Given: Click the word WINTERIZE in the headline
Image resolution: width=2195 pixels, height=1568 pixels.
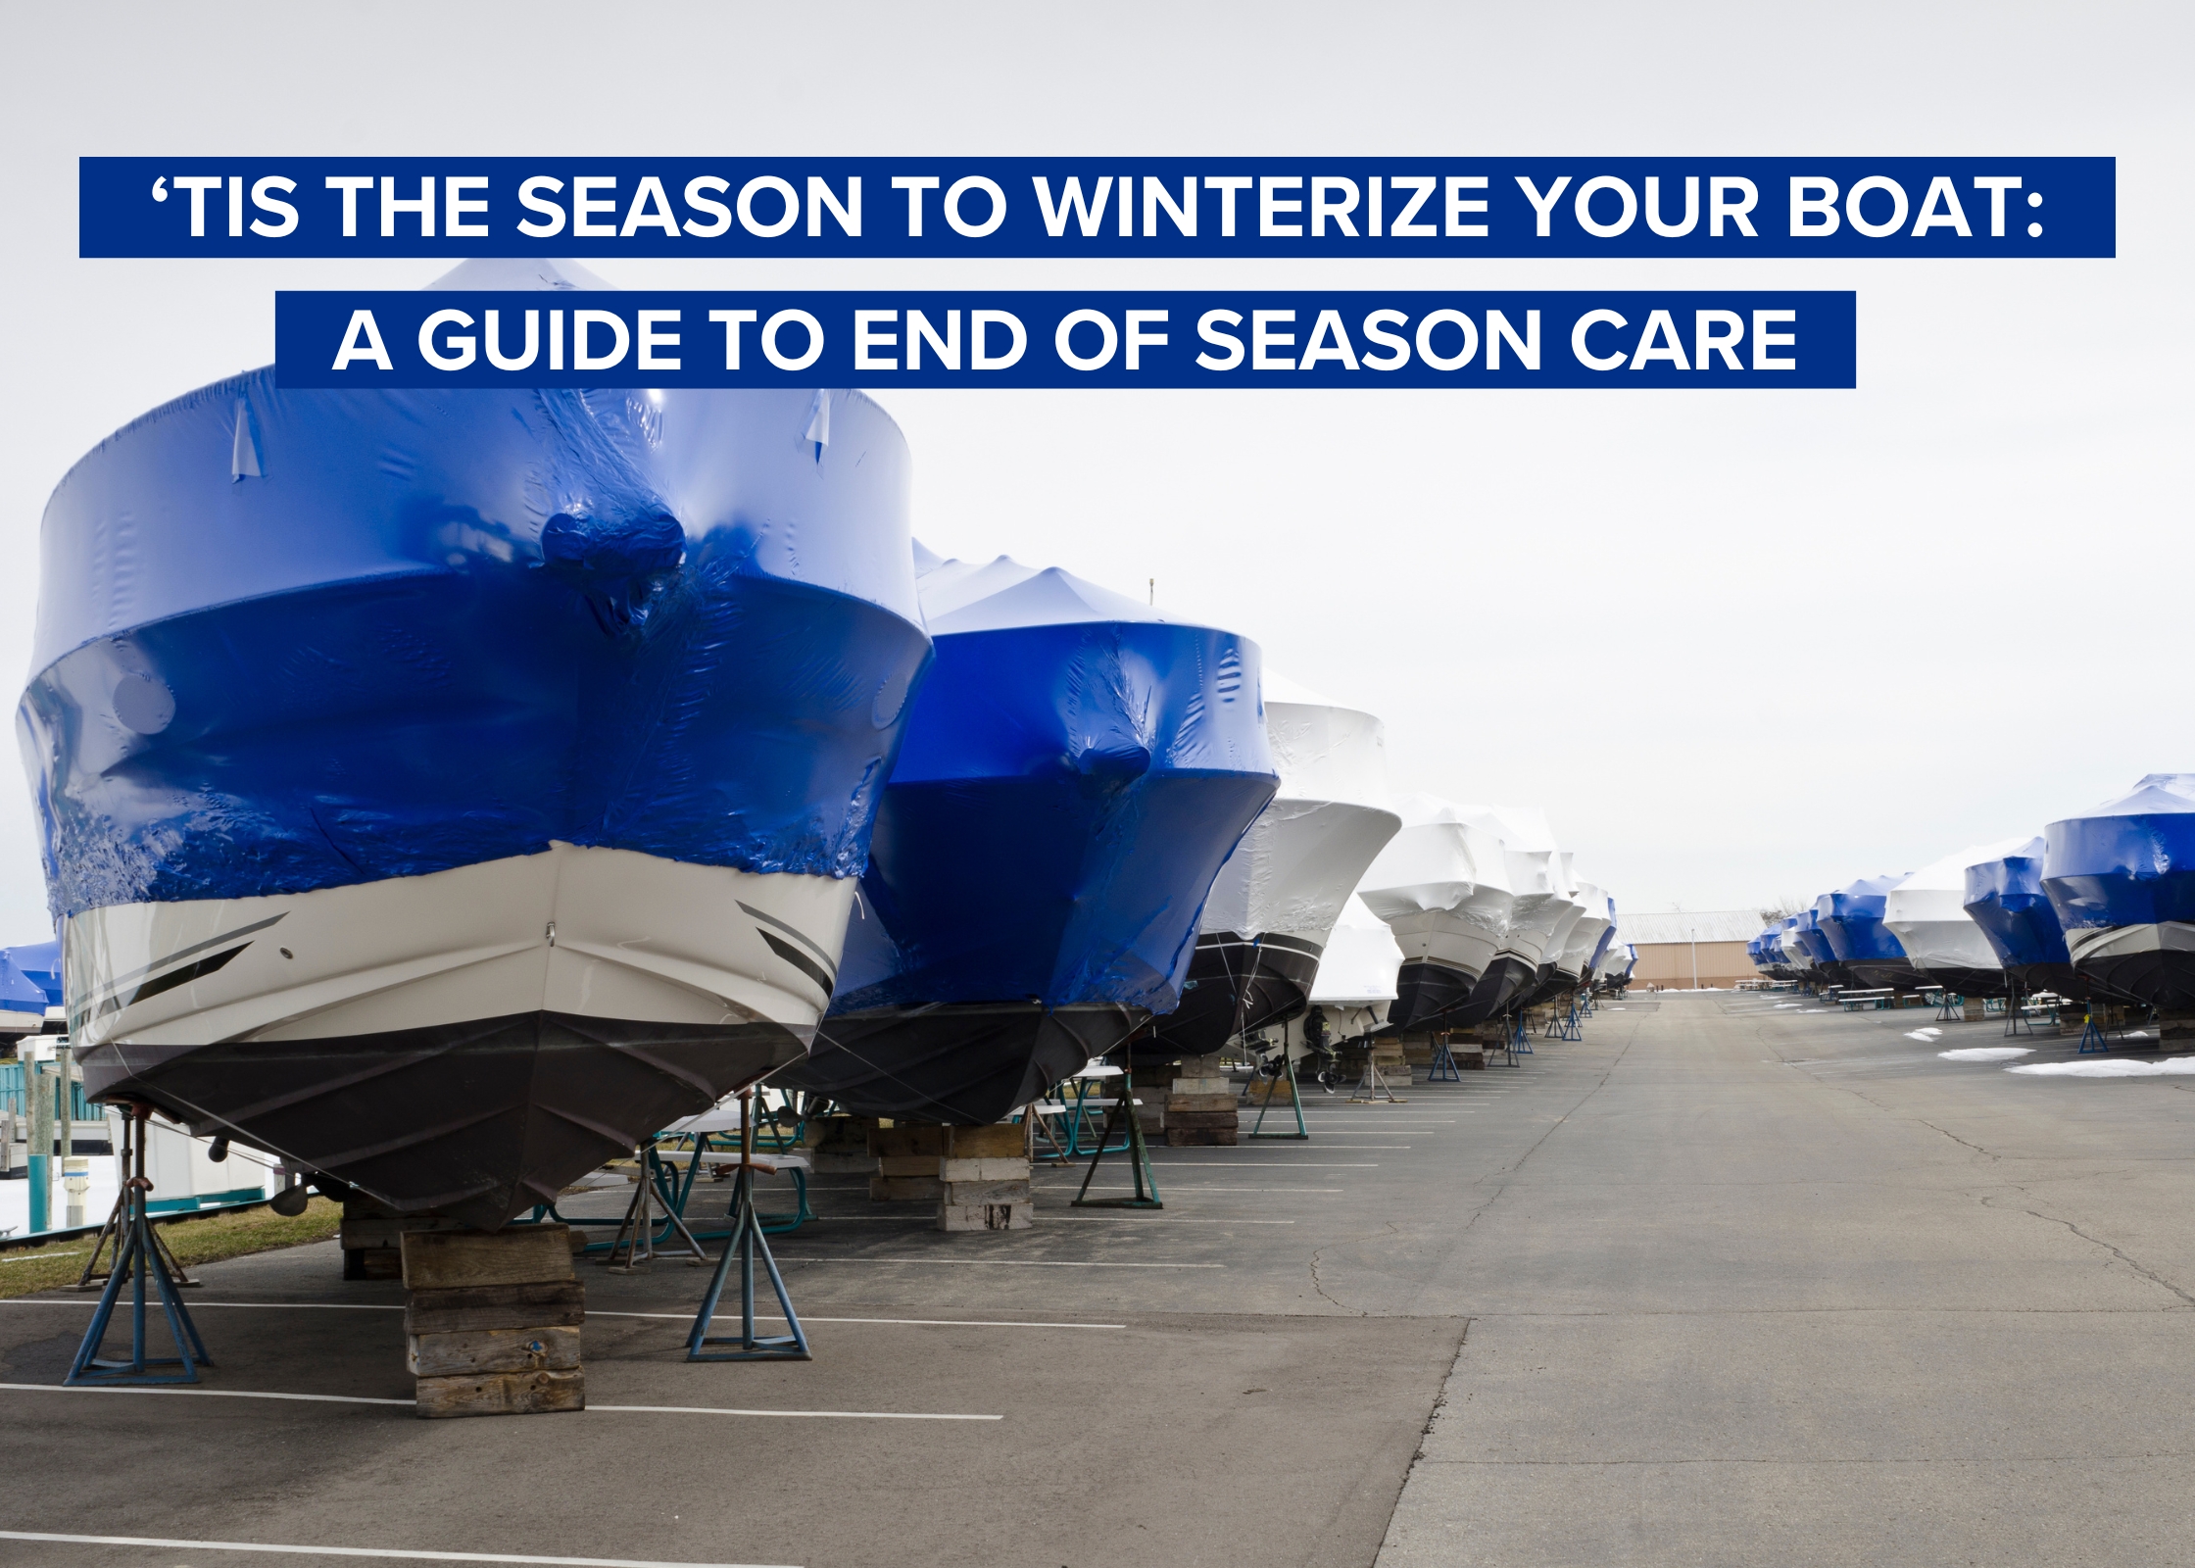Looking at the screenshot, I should (1262, 208).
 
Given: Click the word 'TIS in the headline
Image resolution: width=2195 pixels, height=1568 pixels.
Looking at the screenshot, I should (224, 208).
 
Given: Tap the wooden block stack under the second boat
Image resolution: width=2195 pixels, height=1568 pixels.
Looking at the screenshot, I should (984, 1176).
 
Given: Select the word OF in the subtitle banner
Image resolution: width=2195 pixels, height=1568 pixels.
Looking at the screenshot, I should (1111, 340).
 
